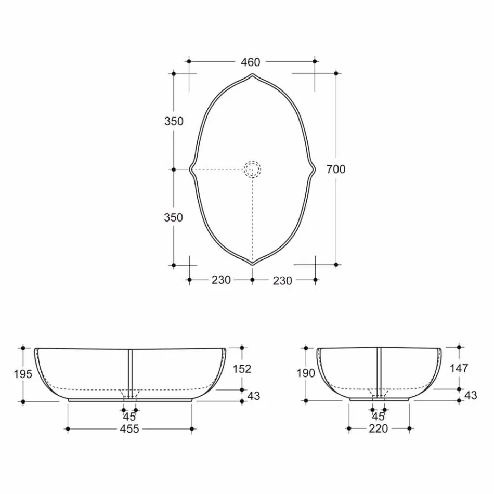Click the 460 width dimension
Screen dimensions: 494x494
pos(250,62)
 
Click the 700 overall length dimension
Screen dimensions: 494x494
pos(336,169)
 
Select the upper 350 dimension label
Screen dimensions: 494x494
pos(174,121)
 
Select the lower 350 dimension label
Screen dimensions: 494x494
pos(174,217)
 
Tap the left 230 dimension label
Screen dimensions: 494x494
pos(221,280)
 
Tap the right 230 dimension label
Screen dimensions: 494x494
pos(282,280)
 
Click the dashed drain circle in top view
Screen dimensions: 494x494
pos(252,169)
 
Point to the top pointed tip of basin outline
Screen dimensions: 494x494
pos(252,74)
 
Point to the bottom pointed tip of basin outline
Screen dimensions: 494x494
pos(252,264)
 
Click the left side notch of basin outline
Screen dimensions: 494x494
pos(191,169)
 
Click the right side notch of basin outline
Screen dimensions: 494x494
pos(314,169)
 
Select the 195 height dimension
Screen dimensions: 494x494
pos(23,374)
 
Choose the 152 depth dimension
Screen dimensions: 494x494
pos(242,369)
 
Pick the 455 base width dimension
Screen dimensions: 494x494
pos(129,429)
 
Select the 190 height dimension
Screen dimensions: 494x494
pos(306,373)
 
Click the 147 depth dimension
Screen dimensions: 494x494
pos(459,368)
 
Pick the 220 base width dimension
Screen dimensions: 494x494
pos(379,429)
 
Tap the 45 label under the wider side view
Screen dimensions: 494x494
pos(129,417)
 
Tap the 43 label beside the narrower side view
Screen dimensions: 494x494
pos(470,395)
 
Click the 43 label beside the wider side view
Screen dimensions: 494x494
pos(253,396)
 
